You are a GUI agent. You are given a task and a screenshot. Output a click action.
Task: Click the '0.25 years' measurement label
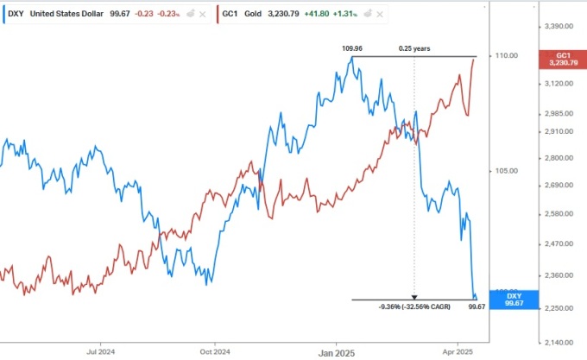pos(414,48)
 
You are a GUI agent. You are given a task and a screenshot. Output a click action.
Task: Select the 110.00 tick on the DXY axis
pos(506,56)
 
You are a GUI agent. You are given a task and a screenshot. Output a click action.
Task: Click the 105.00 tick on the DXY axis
pos(506,171)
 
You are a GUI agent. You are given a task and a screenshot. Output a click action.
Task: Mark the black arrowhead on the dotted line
pos(414,296)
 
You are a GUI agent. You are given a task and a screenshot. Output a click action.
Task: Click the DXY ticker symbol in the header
pos(16,14)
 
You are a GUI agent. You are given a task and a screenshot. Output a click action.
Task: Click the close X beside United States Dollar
pos(202,14)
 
